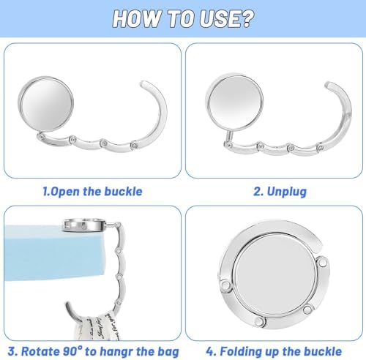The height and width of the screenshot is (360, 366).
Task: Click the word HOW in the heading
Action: click(137, 18)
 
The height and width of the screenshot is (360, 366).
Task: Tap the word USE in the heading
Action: click(218, 18)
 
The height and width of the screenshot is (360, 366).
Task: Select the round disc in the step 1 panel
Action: click(46, 104)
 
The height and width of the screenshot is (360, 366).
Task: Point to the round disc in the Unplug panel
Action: click(234, 102)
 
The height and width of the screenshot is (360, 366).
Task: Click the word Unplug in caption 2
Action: click(287, 192)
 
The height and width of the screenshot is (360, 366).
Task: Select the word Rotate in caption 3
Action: click(40, 351)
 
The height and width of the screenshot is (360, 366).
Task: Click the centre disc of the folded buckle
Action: click(274, 274)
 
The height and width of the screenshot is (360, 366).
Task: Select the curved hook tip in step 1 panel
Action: click(144, 83)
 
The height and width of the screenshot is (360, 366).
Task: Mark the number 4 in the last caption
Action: click(210, 351)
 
